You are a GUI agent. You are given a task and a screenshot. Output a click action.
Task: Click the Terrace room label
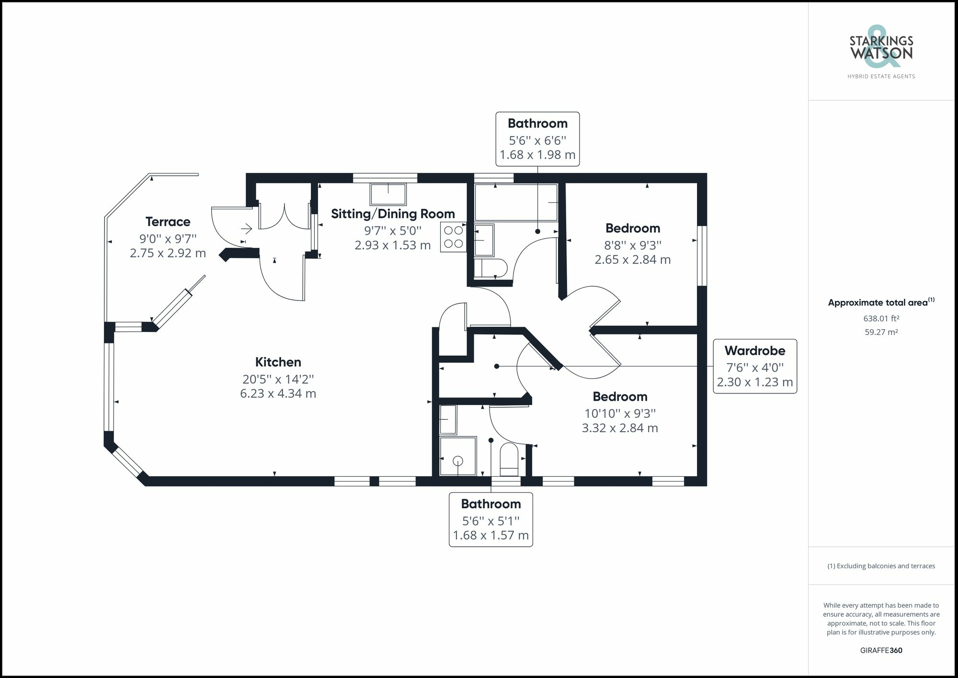(168, 222)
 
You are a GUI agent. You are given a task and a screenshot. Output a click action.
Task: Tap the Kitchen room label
(278, 362)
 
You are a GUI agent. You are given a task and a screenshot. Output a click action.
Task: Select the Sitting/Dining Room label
(393, 214)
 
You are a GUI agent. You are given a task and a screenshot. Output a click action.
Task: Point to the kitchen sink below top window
(388, 194)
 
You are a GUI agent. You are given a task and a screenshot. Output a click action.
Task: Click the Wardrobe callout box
(754, 366)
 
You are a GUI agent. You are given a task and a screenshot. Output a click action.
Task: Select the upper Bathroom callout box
(537, 139)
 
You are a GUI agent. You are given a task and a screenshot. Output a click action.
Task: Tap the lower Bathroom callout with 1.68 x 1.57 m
(490, 519)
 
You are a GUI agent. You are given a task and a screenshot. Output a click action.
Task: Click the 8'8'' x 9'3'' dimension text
(632, 245)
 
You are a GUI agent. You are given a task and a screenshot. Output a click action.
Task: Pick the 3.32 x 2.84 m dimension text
(620, 428)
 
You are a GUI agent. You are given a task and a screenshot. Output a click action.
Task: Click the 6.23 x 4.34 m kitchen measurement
(278, 394)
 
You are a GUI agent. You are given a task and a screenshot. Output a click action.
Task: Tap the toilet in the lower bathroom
(509, 458)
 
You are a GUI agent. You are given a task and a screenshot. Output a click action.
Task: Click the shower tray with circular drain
(458, 456)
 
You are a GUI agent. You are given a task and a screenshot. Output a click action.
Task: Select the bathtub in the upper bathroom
(516, 203)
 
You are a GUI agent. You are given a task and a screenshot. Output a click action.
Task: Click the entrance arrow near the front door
(246, 229)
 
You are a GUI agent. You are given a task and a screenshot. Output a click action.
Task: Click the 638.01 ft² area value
(881, 318)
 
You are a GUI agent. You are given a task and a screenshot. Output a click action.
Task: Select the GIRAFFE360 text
(881, 650)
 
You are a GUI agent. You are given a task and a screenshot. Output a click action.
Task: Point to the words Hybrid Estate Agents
(881, 76)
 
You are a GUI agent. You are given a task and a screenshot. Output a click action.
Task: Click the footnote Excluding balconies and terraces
(881, 566)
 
